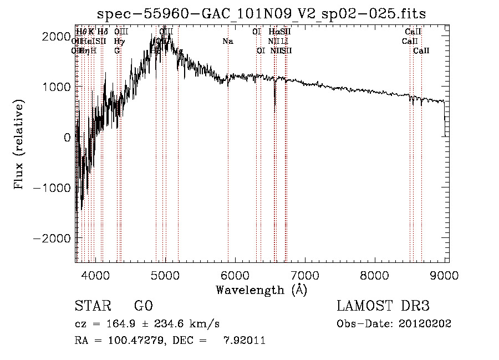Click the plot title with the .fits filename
point(261,14)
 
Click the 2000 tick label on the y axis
point(59,36)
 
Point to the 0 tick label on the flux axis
point(67,137)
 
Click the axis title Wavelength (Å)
point(261,289)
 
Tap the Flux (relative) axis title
point(20,146)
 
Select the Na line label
point(228,41)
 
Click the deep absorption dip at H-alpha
point(275,109)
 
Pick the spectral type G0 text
point(144,306)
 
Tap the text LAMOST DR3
point(383,306)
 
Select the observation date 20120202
point(426,324)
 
